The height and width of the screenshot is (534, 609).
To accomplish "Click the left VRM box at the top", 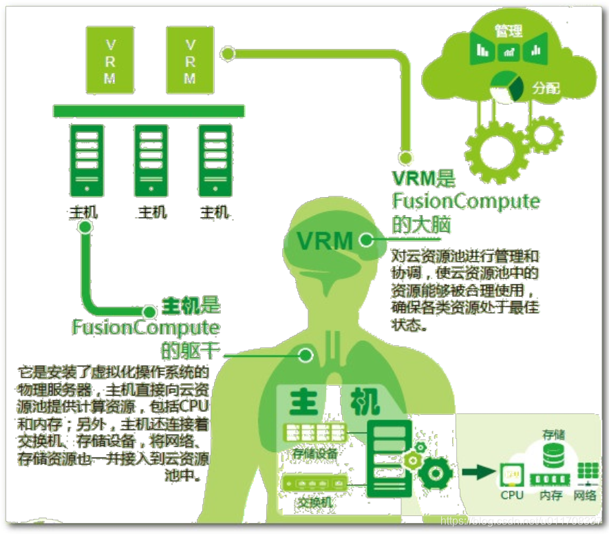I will [110, 61].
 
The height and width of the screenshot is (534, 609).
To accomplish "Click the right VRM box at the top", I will [190, 61].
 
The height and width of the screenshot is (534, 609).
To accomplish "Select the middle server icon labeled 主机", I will [151, 160].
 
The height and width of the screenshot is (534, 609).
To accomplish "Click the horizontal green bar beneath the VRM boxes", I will [149, 110].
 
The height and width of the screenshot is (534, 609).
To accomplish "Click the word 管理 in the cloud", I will [509, 30].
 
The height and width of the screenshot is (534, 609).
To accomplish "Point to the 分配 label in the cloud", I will [546, 88].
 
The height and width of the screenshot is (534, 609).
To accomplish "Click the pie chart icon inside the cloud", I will [507, 87].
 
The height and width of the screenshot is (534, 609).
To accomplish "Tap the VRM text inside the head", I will [325, 240].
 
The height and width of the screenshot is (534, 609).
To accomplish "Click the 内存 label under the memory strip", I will [551, 495].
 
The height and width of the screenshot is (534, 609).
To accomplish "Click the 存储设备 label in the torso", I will [315, 453].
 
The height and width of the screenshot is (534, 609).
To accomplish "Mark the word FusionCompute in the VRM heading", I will [466, 201].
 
